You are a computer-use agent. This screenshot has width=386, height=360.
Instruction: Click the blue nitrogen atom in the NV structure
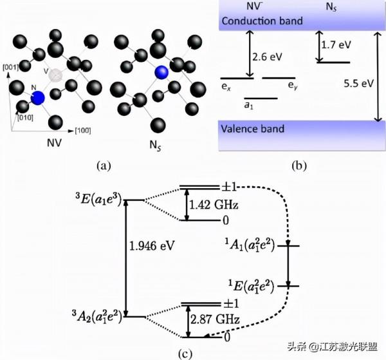(x=37, y=98)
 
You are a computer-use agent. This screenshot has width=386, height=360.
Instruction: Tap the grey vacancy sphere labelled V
(x=59, y=75)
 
